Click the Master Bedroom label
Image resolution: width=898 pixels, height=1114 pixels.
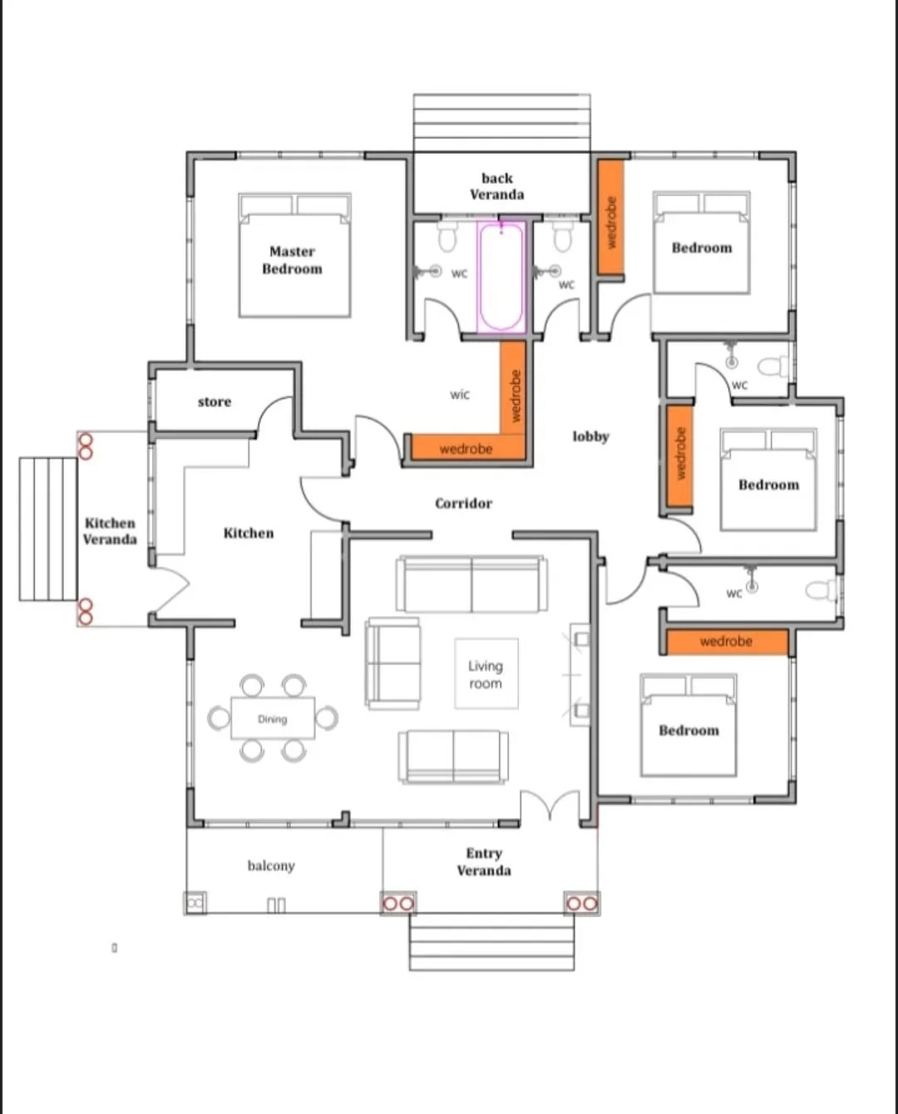point(292,260)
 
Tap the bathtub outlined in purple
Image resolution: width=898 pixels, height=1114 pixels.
point(501,277)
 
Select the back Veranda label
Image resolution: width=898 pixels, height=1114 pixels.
point(497,186)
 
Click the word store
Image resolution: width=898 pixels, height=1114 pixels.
point(215,402)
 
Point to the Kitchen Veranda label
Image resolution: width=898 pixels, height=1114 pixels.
point(110,531)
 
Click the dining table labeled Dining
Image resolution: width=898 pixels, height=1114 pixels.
point(273,718)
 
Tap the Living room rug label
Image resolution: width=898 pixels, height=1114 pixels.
point(486,674)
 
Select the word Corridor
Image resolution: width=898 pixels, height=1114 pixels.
point(463,503)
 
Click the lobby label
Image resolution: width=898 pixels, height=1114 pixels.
point(591,437)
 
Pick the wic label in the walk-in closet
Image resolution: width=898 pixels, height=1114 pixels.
point(460,394)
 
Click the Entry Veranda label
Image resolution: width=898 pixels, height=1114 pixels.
point(484,862)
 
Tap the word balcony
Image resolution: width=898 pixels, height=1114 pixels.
point(271,866)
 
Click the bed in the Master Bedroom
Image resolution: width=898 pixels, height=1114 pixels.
point(294,255)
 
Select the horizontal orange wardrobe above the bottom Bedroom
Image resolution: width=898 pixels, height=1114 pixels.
point(727,642)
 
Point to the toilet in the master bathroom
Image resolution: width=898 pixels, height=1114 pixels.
point(447,237)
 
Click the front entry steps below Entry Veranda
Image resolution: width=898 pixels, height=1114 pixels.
point(492,942)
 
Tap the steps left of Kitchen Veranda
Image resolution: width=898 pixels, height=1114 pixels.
point(48,529)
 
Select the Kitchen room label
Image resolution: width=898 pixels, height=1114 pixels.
point(249,533)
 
